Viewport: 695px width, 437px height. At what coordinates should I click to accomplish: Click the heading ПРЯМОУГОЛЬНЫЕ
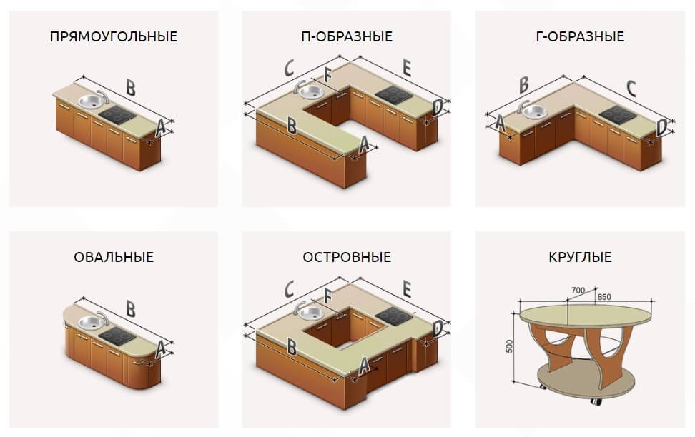(114, 36)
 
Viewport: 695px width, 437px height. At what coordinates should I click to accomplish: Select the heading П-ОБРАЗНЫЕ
(347, 36)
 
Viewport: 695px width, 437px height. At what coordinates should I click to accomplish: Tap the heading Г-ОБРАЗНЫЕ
(580, 36)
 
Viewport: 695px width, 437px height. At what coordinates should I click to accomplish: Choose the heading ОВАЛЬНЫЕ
(114, 257)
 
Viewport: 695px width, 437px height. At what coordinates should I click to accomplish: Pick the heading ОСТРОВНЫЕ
(347, 257)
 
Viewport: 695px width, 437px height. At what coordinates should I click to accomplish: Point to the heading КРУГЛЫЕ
(580, 257)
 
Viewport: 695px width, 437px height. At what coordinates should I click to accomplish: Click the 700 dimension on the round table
(578, 291)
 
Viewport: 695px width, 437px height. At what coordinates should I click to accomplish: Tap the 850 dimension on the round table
(604, 296)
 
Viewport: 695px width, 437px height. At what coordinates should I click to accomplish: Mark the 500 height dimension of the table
(509, 346)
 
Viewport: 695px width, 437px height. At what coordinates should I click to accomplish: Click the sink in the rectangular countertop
(92, 101)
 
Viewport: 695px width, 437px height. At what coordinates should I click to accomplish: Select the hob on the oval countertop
(117, 336)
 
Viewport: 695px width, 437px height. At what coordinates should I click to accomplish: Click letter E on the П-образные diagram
(406, 68)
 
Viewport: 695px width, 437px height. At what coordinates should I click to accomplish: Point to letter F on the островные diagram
(327, 296)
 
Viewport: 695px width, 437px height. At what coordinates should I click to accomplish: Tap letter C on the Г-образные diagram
(631, 89)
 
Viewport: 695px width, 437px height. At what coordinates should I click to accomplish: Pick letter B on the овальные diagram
(130, 308)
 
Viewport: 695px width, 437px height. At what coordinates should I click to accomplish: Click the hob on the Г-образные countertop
(618, 114)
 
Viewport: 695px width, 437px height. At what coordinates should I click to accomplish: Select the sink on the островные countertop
(310, 313)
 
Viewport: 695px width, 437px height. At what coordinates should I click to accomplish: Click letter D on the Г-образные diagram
(661, 128)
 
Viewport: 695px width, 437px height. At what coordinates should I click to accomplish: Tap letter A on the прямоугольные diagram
(160, 128)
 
